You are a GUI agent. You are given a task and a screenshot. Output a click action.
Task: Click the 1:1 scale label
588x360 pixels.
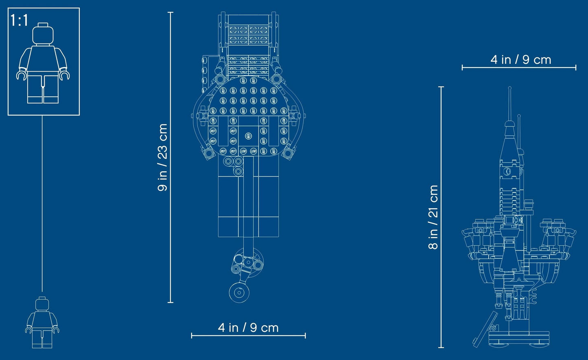tap(20, 20)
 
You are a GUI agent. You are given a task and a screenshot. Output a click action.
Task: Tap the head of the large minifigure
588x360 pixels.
tap(43, 34)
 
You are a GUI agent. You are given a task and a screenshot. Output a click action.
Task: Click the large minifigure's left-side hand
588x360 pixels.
tap(21, 75)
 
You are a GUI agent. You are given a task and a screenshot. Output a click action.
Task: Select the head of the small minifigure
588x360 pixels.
tap(42, 304)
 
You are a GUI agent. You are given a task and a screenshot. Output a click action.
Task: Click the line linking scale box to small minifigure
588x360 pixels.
tap(42, 203)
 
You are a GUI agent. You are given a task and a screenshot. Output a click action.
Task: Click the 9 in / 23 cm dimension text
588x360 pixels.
tap(162, 157)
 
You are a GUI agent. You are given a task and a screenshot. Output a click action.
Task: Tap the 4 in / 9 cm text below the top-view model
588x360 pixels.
tap(248, 327)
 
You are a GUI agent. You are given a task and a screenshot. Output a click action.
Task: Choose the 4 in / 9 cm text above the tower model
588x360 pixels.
tap(520, 60)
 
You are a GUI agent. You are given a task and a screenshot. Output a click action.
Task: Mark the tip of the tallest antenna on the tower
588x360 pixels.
tap(509, 88)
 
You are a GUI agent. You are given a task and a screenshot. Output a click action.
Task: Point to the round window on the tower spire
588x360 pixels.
tap(507, 172)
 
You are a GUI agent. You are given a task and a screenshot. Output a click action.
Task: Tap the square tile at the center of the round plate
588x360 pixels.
tap(248, 136)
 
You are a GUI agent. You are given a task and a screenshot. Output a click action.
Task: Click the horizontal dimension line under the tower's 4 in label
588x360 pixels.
tap(519, 68)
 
